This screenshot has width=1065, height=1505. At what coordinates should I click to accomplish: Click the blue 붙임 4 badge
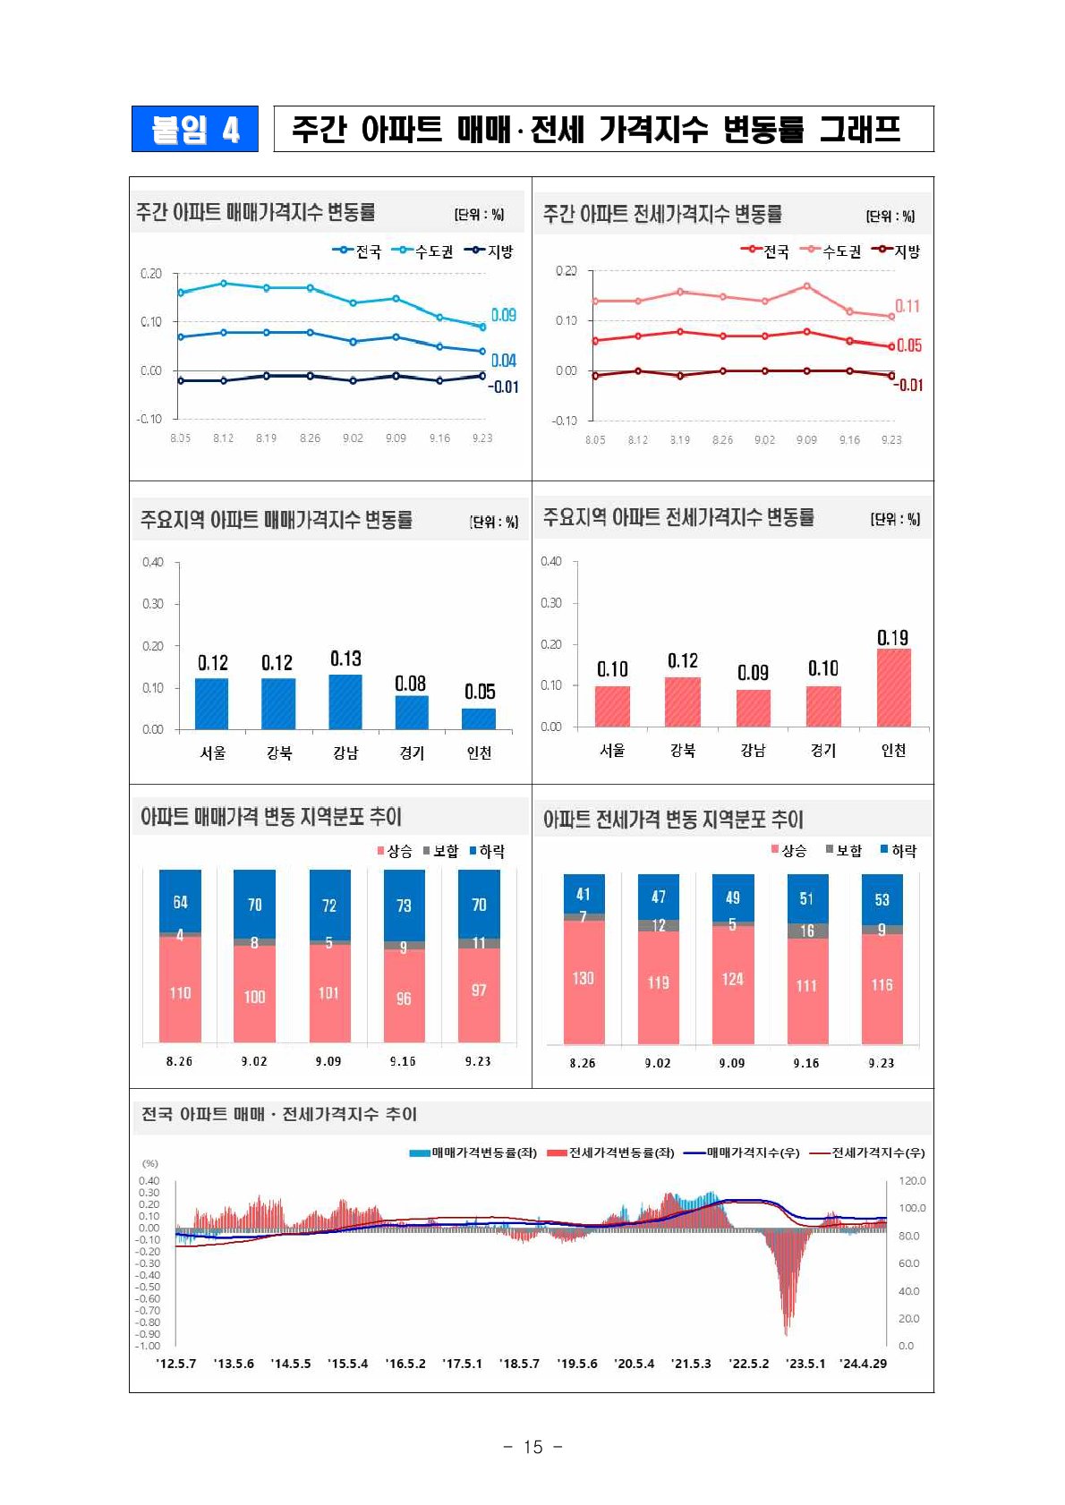[x=194, y=129]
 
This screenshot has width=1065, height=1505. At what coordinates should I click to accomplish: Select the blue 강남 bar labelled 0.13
[x=345, y=701]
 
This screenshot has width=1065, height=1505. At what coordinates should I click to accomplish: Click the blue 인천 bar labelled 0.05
[x=479, y=718]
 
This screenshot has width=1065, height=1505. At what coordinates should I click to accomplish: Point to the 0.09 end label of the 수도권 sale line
[x=504, y=315]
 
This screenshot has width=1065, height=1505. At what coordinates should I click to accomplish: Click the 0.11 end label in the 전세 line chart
[x=907, y=306]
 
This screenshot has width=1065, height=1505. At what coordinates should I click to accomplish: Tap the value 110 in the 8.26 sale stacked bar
[x=180, y=993]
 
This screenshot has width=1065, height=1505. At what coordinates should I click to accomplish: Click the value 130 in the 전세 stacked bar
[x=583, y=978]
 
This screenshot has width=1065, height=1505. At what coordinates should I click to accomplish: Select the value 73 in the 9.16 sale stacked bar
[x=404, y=906]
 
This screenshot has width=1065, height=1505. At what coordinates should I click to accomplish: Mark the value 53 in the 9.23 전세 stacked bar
[x=882, y=899]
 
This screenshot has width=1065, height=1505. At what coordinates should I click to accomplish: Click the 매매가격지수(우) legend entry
[x=742, y=1152]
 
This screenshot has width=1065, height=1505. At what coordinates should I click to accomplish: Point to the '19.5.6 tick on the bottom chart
[x=577, y=1364]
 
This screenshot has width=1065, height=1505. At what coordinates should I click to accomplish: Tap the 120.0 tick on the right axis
[x=912, y=1181]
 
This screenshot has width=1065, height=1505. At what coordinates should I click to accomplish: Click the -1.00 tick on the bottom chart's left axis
[x=148, y=1346]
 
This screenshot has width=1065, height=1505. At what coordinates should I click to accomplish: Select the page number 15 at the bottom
[x=532, y=1447]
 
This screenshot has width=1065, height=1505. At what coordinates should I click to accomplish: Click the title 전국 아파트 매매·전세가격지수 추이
[x=279, y=1114]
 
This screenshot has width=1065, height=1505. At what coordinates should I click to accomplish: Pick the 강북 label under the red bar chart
[x=683, y=751]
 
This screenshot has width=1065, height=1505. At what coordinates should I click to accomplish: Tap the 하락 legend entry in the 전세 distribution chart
[x=899, y=851]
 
